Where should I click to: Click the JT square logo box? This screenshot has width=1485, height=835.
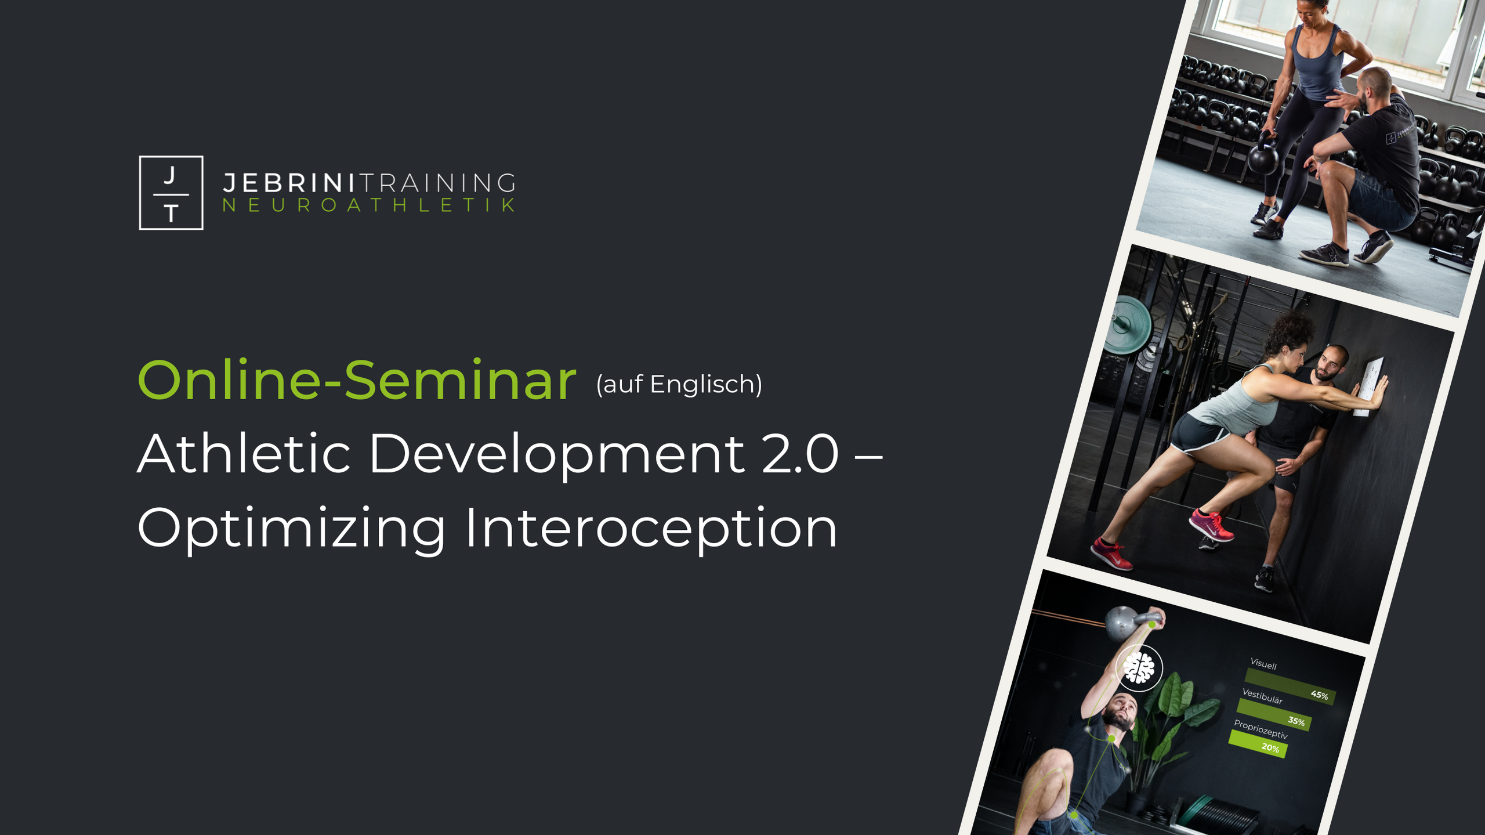coord(171,193)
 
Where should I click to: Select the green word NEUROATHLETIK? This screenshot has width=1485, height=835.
coord(369,205)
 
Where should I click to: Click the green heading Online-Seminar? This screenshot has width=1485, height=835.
coord(357,380)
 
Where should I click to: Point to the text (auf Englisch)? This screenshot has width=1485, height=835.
coord(679,384)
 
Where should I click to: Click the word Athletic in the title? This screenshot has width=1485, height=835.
coord(244,453)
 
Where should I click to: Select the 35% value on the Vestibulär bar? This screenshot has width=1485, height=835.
coord(1296,721)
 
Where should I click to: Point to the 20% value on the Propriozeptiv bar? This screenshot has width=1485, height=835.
coord(1270,748)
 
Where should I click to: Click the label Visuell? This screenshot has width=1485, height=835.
coord(1263,664)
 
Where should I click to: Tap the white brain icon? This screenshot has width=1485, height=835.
coord(1139,668)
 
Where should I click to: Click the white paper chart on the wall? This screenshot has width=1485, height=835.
coord(1368,386)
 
